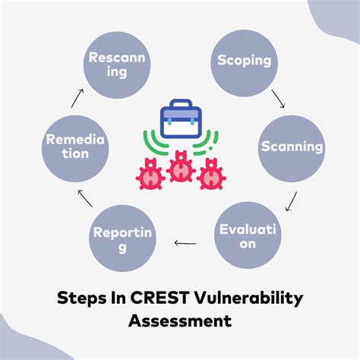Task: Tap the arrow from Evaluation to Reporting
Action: click(x=185, y=243)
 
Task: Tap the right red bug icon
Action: click(x=210, y=173)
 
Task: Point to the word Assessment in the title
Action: click(x=180, y=321)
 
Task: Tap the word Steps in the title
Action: click(x=82, y=298)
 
